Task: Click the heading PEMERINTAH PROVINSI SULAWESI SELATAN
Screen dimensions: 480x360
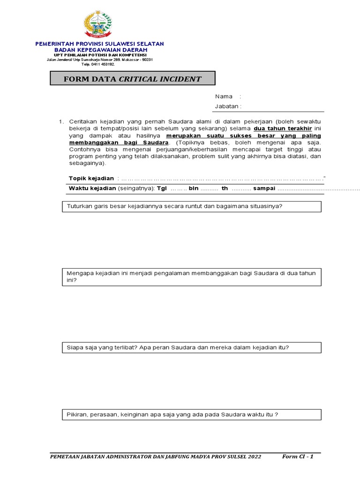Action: pyautogui.click(x=100, y=44)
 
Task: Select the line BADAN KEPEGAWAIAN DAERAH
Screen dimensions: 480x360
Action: pyautogui.click(x=100, y=50)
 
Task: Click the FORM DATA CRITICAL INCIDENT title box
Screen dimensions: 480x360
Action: pyautogui.click(x=133, y=79)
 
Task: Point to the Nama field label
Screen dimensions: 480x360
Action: pyautogui.click(x=224, y=97)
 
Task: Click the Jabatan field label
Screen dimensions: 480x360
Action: pyautogui.click(x=227, y=106)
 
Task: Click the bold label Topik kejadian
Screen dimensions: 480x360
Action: pyautogui.click(x=91, y=178)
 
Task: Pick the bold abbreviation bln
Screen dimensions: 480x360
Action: pyautogui.click(x=194, y=188)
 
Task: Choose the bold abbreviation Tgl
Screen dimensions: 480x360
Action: pyautogui.click(x=162, y=188)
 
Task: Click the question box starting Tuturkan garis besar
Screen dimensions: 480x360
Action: pyautogui.click(x=192, y=206)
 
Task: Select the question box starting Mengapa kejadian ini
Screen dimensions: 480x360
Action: pyautogui.click(x=192, y=277)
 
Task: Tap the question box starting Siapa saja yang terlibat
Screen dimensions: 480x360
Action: pyautogui.click(x=192, y=347)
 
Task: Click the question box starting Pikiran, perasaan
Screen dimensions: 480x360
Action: pyautogui.click(x=192, y=414)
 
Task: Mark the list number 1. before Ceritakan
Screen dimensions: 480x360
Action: pyautogui.click(x=61, y=121)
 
